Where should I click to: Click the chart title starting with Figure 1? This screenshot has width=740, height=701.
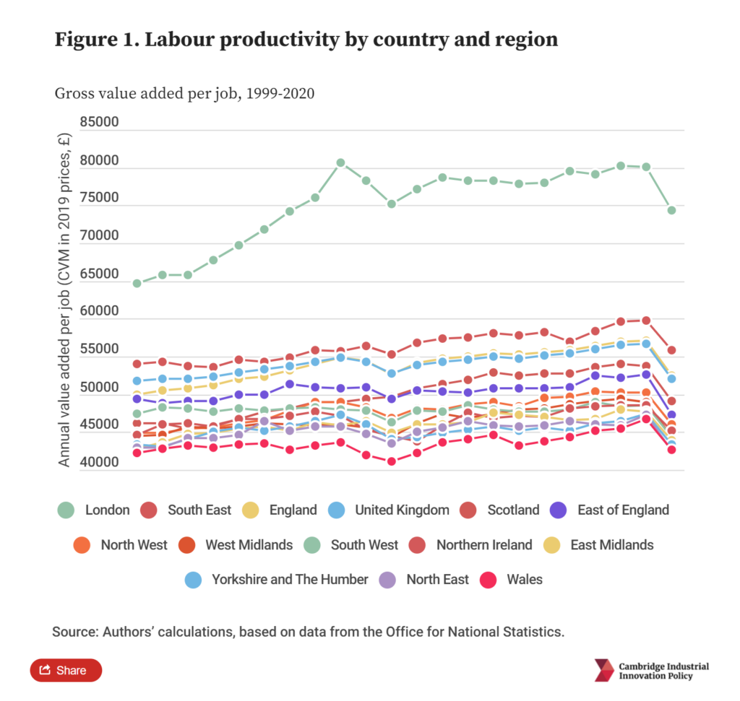tap(306, 39)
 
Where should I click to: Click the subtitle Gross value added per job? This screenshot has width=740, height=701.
tap(184, 94)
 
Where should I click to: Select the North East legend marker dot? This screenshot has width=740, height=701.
tap(388, 579)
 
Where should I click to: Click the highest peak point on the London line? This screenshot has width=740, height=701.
tap(340, 163)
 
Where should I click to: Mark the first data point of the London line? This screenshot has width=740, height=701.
tap(137, 283)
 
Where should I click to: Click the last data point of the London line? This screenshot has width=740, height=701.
tap(671, 210)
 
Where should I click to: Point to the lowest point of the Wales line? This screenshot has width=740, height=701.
tap(392, 461)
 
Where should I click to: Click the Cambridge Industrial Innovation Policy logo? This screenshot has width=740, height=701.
tap(651, 670)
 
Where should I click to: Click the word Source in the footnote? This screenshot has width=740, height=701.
tap(72, 632)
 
